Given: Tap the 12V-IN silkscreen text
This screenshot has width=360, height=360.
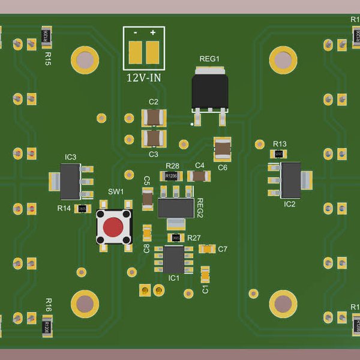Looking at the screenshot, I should [x=143, y=78].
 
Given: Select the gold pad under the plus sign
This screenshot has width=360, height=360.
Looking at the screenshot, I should [x=153, y=52].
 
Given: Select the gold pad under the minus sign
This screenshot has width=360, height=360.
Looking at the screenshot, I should [x=136, y=52].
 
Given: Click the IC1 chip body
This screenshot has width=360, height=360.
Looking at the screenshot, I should [x=174, y=259].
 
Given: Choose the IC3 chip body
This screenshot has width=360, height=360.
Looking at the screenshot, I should [x=70, y=182].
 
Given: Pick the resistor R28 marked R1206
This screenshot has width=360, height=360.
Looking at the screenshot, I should [x=171, y=176].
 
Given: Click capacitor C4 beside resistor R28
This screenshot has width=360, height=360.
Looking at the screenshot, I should [x=199, y=176].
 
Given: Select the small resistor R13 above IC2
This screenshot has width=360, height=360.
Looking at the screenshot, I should [x=278, y=154].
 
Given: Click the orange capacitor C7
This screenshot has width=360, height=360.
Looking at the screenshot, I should [x=207, y=248].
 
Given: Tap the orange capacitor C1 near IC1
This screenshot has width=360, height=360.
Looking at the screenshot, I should [x=205, y=274].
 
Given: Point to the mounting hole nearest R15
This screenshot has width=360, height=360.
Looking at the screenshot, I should [x=85, y=59].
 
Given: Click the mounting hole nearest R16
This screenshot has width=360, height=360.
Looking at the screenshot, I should [x=85, y=304].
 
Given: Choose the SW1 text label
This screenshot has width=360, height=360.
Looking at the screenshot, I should [x=115, y=192].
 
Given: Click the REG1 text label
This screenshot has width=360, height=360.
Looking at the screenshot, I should [x=209, y=59].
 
